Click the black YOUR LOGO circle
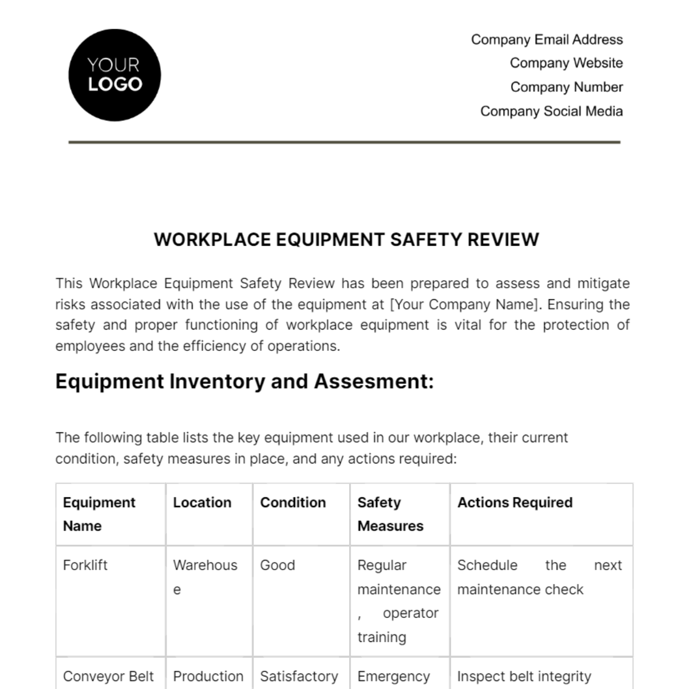pos(114,75)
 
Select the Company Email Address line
pos(547,40)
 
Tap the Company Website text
pos(566,63)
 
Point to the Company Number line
pos(566,87)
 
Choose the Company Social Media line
pos(551,111)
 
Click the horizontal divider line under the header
pos(344,142)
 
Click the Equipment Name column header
pos(99,514)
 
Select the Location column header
pos(202,502)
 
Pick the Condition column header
pos(293,502)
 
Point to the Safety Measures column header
pos(390,514)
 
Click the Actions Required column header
pos(514,502)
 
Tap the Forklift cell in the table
pos(85,565)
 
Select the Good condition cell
pos(277,565)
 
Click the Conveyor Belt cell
pos(108,676)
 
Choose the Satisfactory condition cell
pos(299,676)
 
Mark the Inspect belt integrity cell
pos(524,676)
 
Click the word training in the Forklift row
pos(381,637)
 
